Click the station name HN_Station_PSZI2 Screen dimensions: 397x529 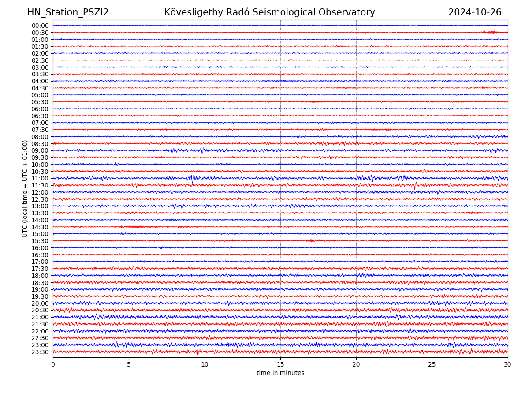tap(68, 12)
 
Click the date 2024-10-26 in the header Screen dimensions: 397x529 tap(475, 12)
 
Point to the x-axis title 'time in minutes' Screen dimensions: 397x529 tap(280, 373)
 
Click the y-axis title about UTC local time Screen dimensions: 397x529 tap(25, 188)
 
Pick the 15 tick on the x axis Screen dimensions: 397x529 tap(280, 364)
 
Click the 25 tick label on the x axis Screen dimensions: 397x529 tap(432, 364)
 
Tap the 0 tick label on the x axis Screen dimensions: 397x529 tap(53, 364)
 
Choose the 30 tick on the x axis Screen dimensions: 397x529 tap(508, 364)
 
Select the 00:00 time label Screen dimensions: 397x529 tap(40, 26)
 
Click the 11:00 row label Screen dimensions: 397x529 tap(40, 178)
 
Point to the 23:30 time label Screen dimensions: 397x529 tap(40, 352)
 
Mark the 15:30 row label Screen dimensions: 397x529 tap(40, 241)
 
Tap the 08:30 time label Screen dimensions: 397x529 tap(40, 144)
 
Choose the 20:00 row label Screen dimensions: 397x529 tap(40, 303)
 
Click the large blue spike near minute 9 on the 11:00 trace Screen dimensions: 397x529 tap(192, 179)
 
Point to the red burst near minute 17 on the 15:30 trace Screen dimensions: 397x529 tap(310, 240)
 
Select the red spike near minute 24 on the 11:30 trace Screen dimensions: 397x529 tap(414, 186)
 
